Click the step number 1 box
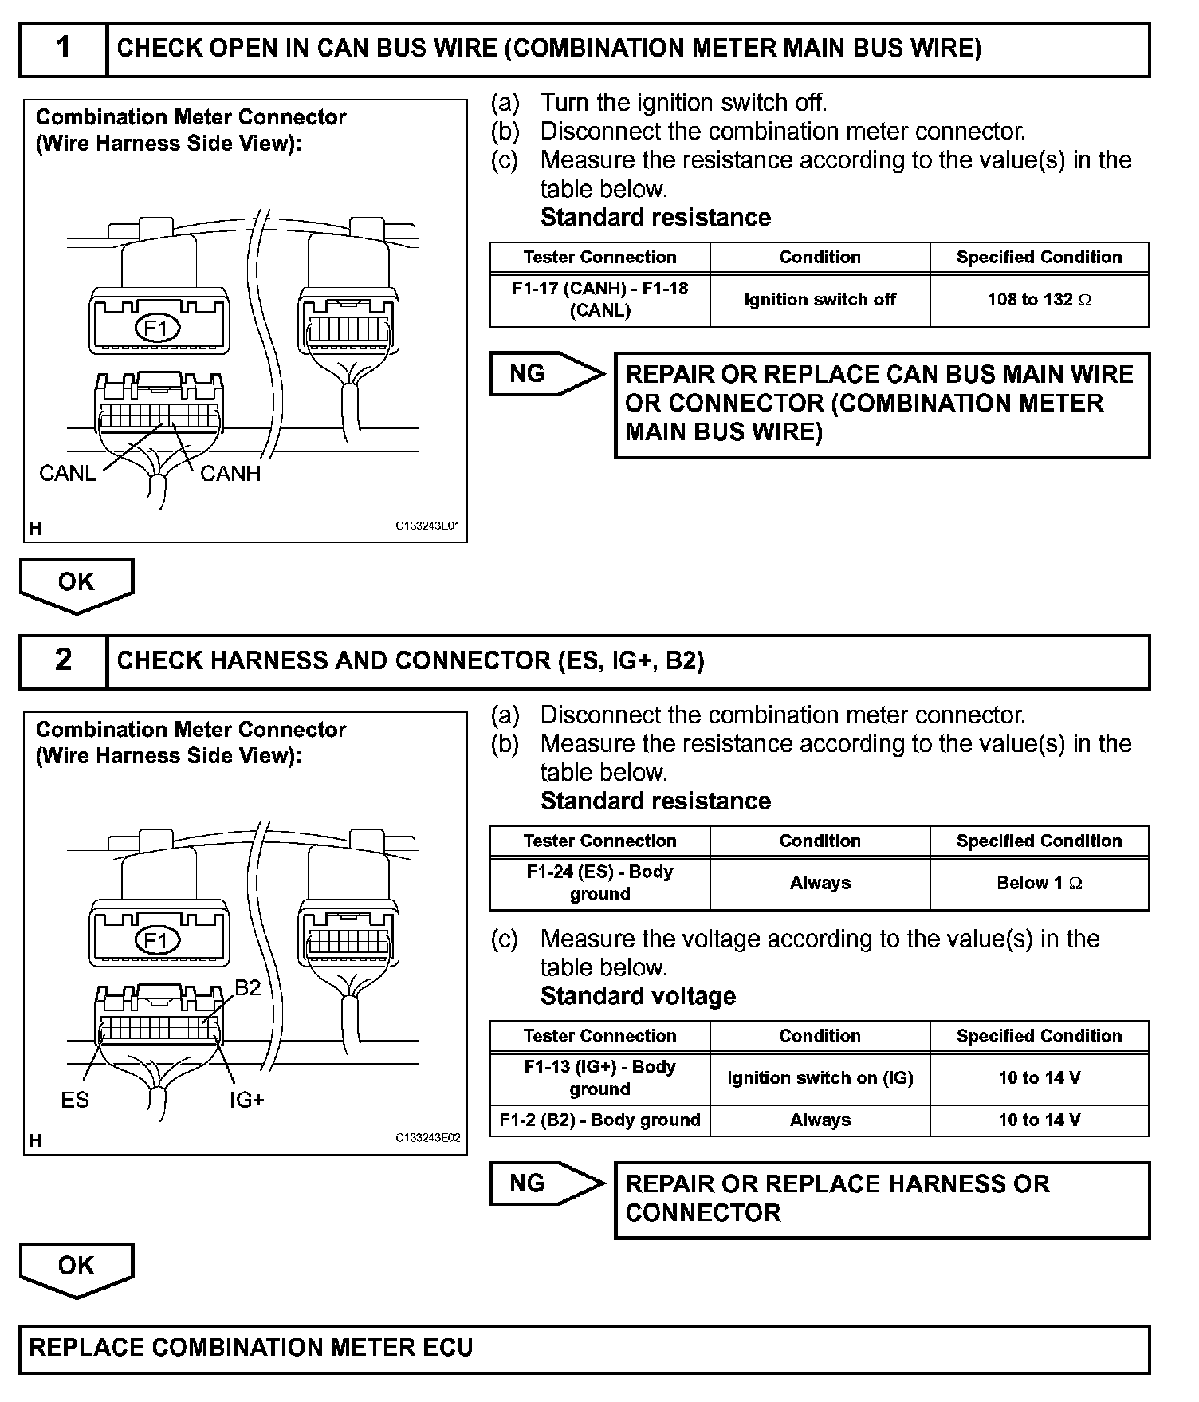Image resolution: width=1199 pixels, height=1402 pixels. click(63, 49)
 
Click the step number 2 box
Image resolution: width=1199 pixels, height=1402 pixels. click(63, 660)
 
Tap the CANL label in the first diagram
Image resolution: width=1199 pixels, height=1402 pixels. click(68, 474)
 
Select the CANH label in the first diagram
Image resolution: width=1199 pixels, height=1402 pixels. click(230, 474)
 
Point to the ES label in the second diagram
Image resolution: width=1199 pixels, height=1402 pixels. click(75, 1100)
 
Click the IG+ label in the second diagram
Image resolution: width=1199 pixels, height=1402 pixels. click(246, 1100)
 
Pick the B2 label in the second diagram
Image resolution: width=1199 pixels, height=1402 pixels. click(247, 988)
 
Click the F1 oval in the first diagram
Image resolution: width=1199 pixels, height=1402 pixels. click(158, 329)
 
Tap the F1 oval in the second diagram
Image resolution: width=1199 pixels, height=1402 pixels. click(158, 941)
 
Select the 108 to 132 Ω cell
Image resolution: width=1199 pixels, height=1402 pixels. click(1040, 300)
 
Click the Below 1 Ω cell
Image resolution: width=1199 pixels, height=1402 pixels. click(1040, 883)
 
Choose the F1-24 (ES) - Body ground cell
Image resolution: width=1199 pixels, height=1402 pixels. click(599, 883)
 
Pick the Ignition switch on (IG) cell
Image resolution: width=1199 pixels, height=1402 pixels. click(820, 1078)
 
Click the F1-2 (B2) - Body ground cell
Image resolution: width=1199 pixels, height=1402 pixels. click(599, 1120)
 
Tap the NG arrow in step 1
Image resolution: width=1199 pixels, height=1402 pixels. click(546, 373)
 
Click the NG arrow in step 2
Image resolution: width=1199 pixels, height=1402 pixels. click(546, 1183)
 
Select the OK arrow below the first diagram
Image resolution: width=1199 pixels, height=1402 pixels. click(77, 584)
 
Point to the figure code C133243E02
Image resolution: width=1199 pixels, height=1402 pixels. click(427, 1138)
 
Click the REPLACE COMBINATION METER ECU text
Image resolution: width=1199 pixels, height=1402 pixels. click(251, 1347)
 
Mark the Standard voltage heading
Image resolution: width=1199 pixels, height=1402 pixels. click(638, 996)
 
